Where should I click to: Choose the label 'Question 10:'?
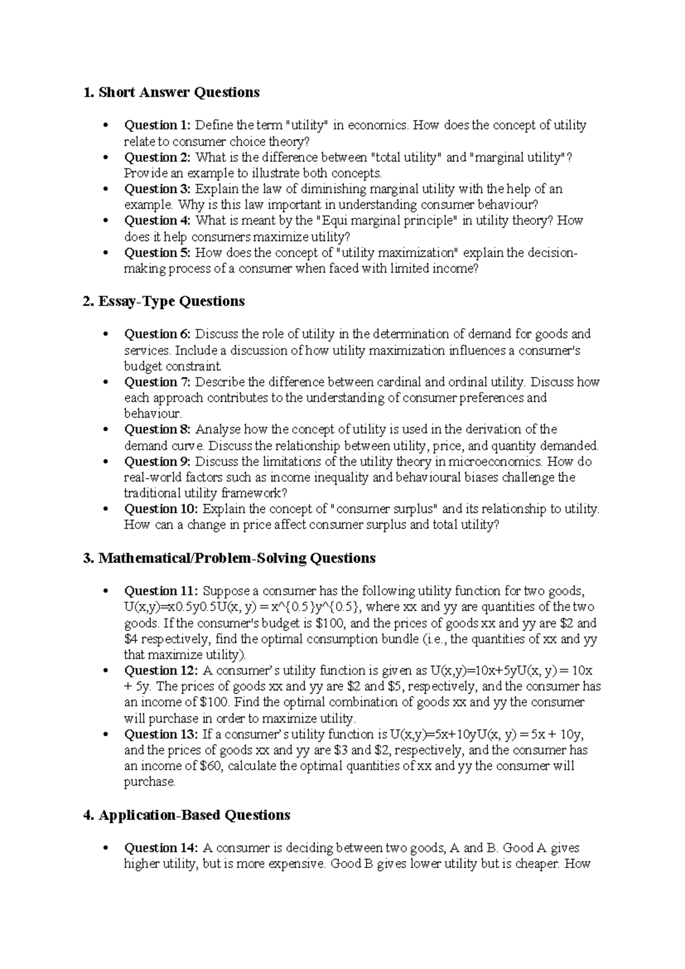(x=162, y=509)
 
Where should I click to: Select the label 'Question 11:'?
(x=162, y=591)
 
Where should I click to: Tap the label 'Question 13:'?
(x=162, y=734)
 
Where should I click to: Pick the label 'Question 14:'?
(x=162, y=848)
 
